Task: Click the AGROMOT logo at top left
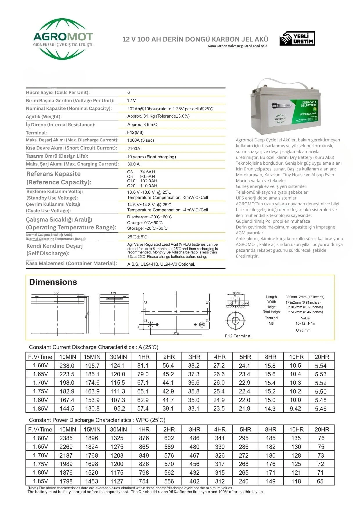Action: pyautogui.click(x=63, y=39)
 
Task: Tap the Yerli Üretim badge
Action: pyautogui.click(x=297, y=39)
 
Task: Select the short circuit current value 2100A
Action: pyautogui.click(x=134, y=149)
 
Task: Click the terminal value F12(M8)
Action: pyautogui.click(x=135, y=132)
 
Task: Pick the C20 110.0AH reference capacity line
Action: pyautogui.click(x=142, y=186)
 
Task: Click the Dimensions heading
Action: pyautogui.click(x=53, y=282)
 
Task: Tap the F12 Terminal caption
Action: pyautogui.click(x=238, y=336)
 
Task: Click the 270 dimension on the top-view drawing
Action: pyautogui.click(x=176, y=334)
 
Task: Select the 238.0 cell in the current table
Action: pyautogui.click(x=67, y=366)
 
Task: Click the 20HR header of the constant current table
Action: pyautogui.click(x=322, y=357)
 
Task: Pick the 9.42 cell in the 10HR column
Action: pyautogui.click(x=295, y=409)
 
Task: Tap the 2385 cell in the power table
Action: pyautogui.click(x=66, y=438)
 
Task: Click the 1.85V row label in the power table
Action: pyautogui.click(x=40, y=481)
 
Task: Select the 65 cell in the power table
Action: pyautogui.click(x=320, y=481)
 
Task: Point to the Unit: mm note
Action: pyautogui.click(x=303, y=330)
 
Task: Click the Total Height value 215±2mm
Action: pyautogui.click(x=305, y=312)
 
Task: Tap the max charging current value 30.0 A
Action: pyautogui.click(x=133, y=164)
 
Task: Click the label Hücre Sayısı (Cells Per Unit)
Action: pyautogui.click(x=58, y=93)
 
